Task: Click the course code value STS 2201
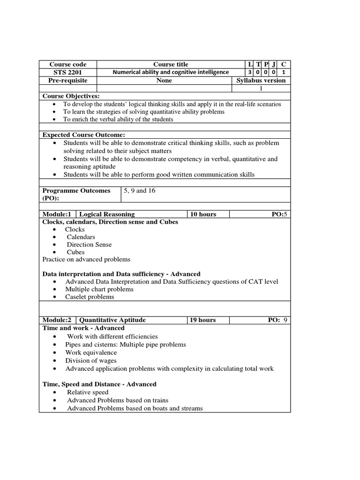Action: click(68, 72)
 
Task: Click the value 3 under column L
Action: click(249, 72)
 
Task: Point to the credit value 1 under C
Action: click(283, 72)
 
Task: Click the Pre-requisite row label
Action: click(68, 81)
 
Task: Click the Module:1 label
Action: click(57, 214)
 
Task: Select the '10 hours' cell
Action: click(203, 214)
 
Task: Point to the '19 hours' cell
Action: click(203, 320)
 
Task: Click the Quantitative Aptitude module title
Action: click(112, 320)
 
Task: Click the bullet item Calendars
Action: click(81, 237)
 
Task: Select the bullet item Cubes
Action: click(75, 252)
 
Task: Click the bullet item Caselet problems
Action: click(90, 297)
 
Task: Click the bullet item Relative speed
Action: click(88, 392)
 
